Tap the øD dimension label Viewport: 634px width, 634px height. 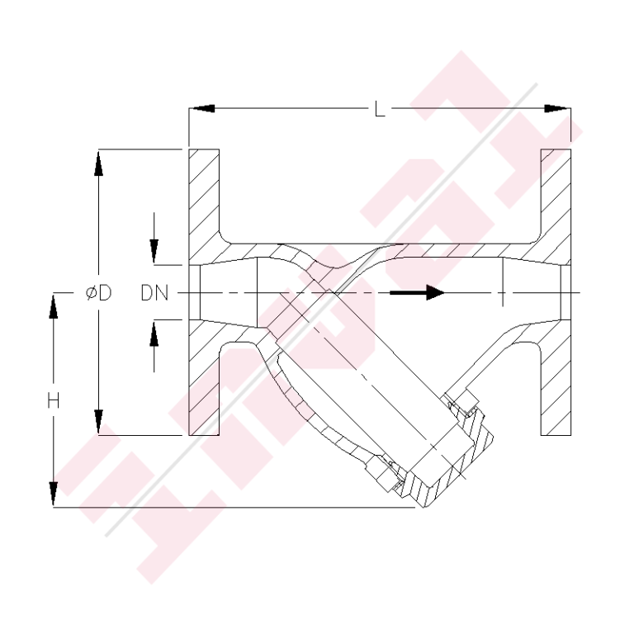pos(98,293)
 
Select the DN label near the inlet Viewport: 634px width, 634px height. pos(154,293)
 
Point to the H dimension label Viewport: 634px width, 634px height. pos(53,401)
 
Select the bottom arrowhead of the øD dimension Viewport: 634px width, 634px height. pos(98,421)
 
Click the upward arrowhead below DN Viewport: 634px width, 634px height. pos(154,334)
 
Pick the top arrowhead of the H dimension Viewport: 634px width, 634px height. pos(53,307)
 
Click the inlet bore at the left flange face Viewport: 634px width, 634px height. pos(198,292)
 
